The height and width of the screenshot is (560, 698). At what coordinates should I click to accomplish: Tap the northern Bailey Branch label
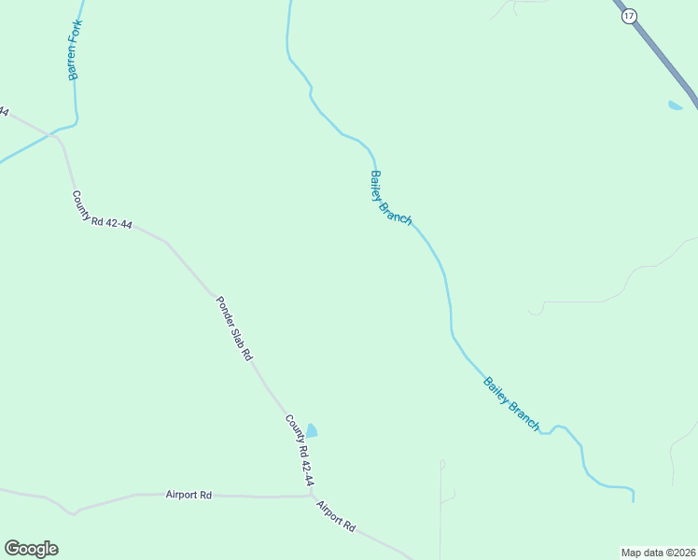[x=391, y=197]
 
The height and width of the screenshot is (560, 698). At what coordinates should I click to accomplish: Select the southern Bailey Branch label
[x=511, y=403]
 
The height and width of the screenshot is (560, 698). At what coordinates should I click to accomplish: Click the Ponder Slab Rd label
[x=235, y=329]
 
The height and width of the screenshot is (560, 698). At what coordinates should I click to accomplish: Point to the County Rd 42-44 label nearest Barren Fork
[x=102, y=210]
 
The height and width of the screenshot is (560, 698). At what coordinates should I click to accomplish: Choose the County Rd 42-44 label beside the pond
[x=300, y=451]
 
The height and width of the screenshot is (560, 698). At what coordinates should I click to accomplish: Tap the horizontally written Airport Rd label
[x=189, y=495]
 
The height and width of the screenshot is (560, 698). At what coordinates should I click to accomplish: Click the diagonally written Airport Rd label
[x=336, y=516]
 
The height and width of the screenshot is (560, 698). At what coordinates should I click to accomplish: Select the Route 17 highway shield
[x=629, y=16]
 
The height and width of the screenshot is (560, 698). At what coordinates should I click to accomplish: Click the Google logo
[x=31, y=549]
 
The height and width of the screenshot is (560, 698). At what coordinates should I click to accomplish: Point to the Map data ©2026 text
[x=658, y=552]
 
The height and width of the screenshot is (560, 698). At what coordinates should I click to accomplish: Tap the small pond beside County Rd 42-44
[x=312, y=430]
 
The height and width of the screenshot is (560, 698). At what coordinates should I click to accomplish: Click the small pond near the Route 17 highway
[x=675, y=105]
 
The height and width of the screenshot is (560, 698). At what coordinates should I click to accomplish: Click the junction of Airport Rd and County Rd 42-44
[x=310, y=495]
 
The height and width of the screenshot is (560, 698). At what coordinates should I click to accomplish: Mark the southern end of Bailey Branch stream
[x=634, y=499]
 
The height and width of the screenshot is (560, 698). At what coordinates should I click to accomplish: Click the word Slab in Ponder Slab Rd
[x=237, y=331]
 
